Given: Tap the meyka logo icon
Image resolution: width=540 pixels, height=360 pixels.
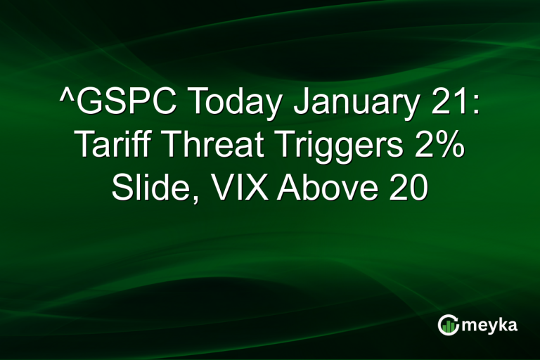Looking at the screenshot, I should [x=448, y=324].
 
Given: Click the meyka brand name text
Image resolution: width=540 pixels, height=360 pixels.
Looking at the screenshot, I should [x=490, y=325].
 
